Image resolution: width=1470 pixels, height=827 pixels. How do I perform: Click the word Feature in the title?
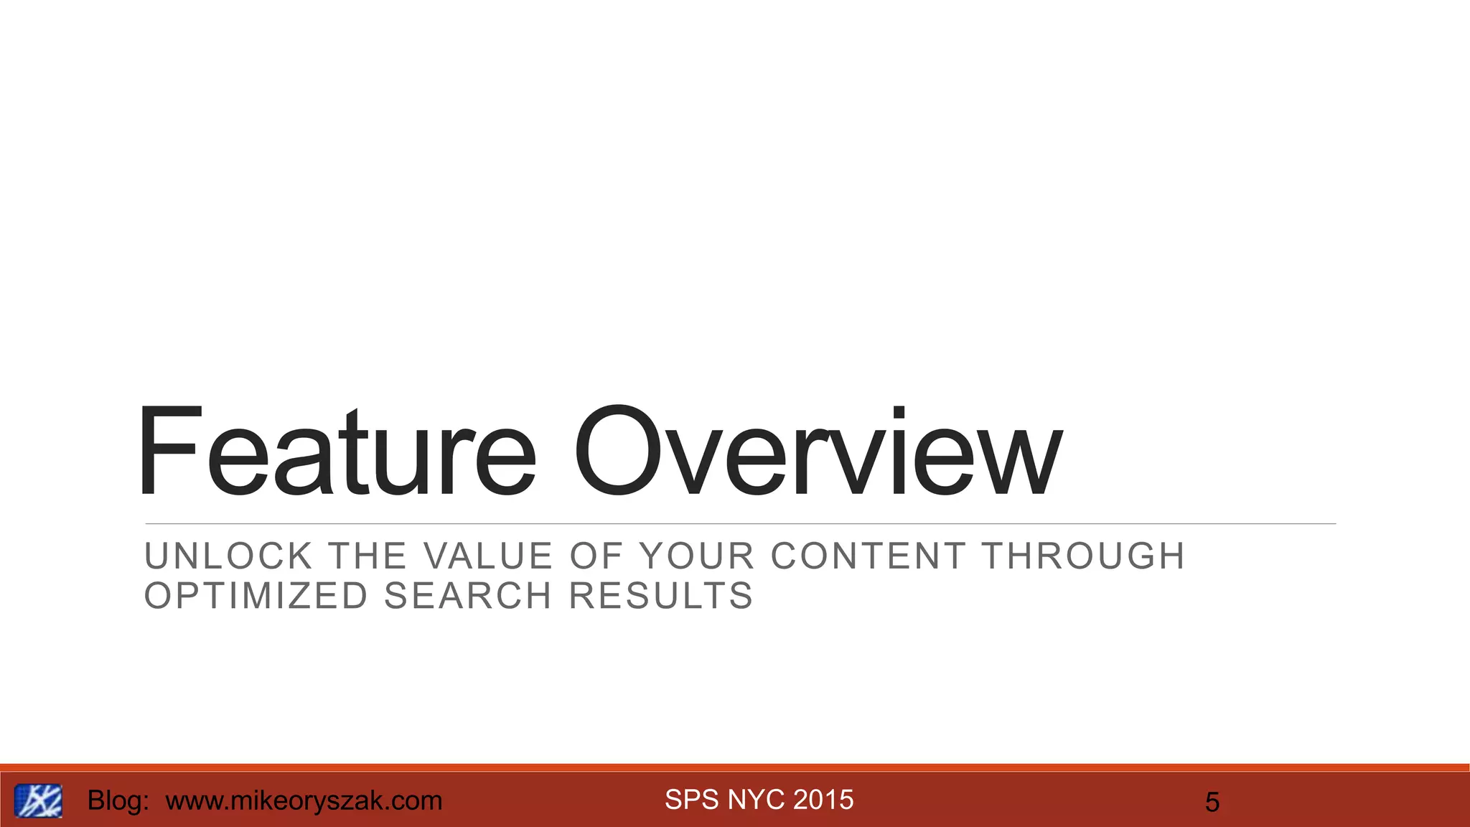[x=336, y=452]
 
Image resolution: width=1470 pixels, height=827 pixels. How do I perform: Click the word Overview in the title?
[x=817, y=452]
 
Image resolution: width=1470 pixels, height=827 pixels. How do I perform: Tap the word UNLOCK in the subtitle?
[x=228, y=556]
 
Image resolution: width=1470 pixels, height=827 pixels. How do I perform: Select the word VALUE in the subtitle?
[x=488, y=556]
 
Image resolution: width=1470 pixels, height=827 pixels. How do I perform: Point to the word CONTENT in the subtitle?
[x=868, y=556]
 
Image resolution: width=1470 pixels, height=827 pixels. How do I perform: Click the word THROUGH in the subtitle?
[x=1083, y=556]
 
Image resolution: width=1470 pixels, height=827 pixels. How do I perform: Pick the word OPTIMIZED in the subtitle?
[x=256, y=596]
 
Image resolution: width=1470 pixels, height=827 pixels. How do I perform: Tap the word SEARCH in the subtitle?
[x=468, y=596]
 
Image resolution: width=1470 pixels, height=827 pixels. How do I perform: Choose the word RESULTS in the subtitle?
[x=661, y=596]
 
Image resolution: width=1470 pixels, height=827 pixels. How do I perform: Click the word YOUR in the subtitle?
[x=697, y=556]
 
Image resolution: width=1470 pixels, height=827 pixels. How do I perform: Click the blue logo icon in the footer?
[x=38, y=800]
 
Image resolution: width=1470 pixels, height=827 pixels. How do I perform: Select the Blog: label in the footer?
[x=118, y=800]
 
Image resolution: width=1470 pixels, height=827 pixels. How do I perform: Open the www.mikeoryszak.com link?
[x=304, y=800]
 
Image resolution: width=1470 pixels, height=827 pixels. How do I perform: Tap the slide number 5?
[x=1212, y=802]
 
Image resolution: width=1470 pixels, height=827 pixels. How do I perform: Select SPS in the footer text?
[x=692, y=800]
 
